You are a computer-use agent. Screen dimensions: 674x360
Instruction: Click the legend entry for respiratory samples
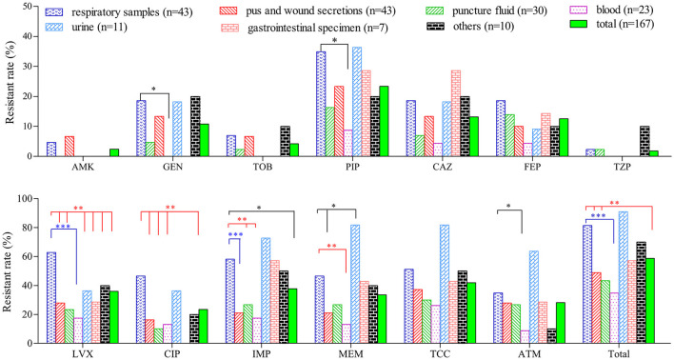tap(118, 12)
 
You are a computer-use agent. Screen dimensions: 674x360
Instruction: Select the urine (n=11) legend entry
tap(86, 28)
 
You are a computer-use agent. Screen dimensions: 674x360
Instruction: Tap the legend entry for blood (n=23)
tap(611, 10)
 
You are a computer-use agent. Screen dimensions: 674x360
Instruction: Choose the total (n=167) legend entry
tap(611, 25)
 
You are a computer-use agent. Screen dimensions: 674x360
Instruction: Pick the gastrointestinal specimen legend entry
tap(305, 29)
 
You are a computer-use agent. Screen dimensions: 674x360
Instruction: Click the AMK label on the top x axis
tap(83, 167)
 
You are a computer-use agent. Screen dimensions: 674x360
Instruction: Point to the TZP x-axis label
tap(622, 167)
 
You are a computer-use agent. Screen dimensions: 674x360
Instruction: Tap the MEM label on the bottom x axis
tap(351, 354)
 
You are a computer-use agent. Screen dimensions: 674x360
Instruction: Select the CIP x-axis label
tap(172, 354)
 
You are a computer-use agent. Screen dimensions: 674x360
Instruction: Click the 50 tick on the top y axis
tap(27, 7)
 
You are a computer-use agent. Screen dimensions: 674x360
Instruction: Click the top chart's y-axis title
tap(10, 82)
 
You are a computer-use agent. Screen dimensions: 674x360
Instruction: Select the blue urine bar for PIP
tap(357, 102)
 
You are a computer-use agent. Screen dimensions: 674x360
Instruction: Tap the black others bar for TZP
tap(644, 142)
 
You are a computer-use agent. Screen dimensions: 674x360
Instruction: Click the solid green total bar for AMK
tap(114, 152)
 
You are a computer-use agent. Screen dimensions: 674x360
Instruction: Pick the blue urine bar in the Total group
tap(623, 277)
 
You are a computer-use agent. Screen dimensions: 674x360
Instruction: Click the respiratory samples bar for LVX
tap(51, 298)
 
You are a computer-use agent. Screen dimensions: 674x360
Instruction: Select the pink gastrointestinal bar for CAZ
tap(456, 113)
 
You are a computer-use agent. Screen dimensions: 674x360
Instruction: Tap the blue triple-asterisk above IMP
tap(235, 234)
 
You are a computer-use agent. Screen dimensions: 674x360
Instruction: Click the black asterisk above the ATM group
tap(508, 206)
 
